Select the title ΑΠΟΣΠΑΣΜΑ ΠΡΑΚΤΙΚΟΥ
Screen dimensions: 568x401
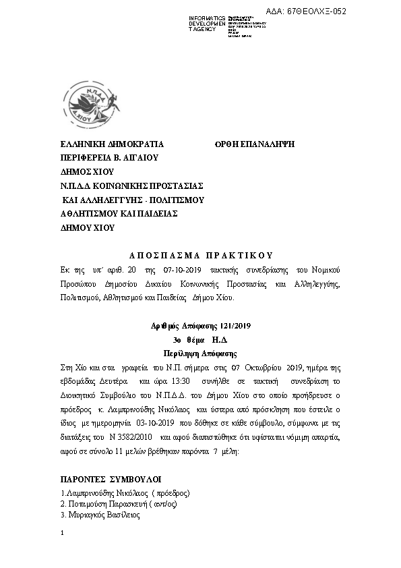point(200,255)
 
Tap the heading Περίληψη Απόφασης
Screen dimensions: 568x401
point(201,353)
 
